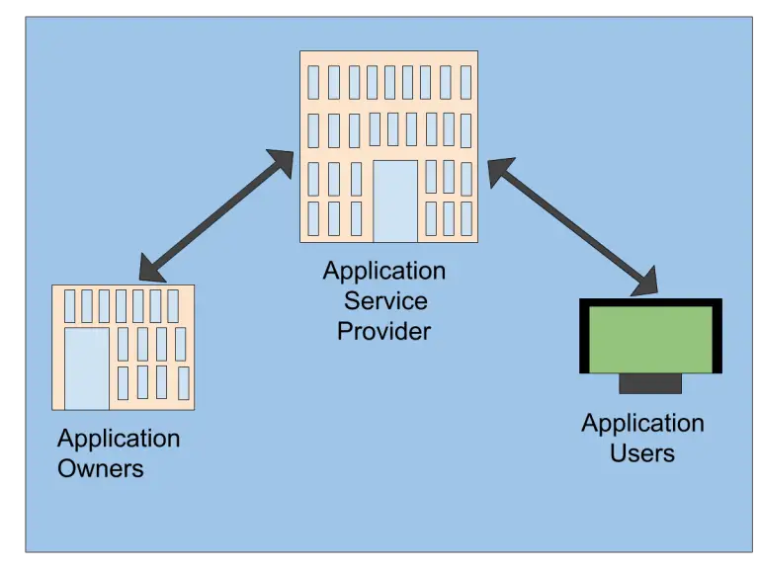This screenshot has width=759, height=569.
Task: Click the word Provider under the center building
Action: click(383, 331)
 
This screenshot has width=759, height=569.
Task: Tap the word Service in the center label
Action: click(385, 300)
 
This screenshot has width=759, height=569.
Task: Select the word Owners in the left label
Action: click(100, 468)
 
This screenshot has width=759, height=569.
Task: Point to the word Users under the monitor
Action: click(642, 453)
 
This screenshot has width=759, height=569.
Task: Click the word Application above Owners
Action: click(119, 438)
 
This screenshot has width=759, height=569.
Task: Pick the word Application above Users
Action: click(642, 423)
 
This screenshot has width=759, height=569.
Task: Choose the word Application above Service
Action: click(384, 270)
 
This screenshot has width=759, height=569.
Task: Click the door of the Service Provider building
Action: click(395, 201)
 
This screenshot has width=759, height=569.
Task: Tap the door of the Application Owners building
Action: click(86, 367)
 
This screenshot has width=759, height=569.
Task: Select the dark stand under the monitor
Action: click(649, 383)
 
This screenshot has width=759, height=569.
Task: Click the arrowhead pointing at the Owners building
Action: click(153, 268)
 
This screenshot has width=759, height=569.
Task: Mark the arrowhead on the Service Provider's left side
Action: click(281, 162)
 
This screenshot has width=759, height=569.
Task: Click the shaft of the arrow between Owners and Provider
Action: click(217, 214)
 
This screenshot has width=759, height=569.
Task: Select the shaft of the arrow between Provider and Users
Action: click(573, 226)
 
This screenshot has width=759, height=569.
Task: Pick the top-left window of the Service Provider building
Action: click(313, 82)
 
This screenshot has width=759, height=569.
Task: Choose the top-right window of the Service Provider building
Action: click(464, 82)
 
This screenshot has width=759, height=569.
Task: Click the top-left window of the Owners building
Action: click(69, 305)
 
